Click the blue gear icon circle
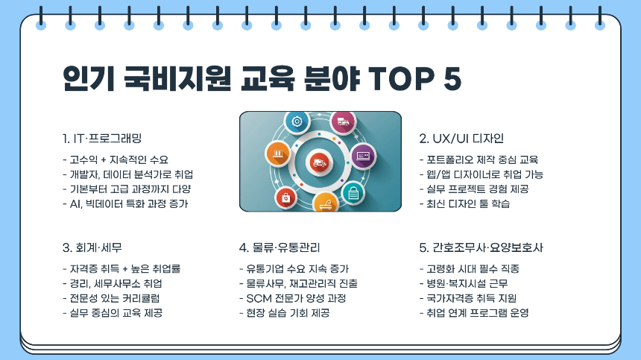(297, 121)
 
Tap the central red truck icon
(318, 161)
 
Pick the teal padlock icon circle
(353, 193)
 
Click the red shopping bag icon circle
(285, 197)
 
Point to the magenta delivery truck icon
(344, 121)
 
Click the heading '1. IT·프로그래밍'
(102, 139)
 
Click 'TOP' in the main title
(392, 78)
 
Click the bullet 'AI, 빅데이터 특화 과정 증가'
(125, 203)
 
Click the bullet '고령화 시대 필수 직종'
(470, 268)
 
